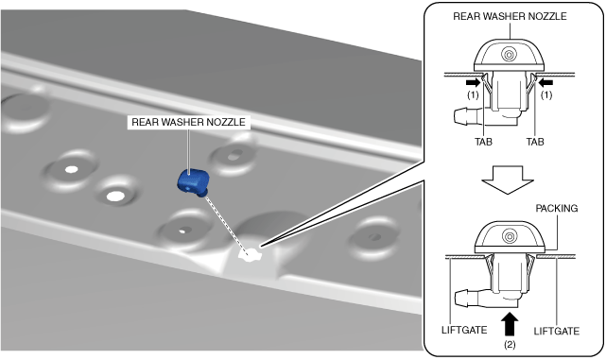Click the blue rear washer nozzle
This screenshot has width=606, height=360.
pos(193,182)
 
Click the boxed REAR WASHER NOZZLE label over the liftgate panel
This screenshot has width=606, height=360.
pos(188,122)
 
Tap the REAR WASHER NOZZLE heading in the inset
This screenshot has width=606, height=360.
pos(510,16)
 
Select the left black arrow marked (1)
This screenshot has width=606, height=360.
pos(473,82)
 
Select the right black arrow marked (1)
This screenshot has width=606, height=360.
pos(545,82)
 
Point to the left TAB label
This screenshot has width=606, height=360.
pos(483,142)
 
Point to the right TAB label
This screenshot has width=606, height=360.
pos(535,142)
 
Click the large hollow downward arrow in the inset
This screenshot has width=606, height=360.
pos(508,180)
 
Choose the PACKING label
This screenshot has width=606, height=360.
pos(557,208)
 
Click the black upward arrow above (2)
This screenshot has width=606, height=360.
pos(510,324)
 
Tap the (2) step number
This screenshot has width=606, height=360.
pos(510,344)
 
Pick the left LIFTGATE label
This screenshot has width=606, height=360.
pos(464,331)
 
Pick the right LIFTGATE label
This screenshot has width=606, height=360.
pos(557,331)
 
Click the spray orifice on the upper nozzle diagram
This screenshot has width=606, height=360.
pos(509,55)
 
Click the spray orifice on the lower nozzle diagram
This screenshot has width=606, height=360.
pos(510,236)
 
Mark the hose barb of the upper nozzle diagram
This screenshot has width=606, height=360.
pos(465,116)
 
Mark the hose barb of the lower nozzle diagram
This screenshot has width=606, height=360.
pos(466,299)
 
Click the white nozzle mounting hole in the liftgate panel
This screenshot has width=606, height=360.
pos(250,254)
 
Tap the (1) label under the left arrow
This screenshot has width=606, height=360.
pos(473,95)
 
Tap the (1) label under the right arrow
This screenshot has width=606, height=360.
pos(546,95)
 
